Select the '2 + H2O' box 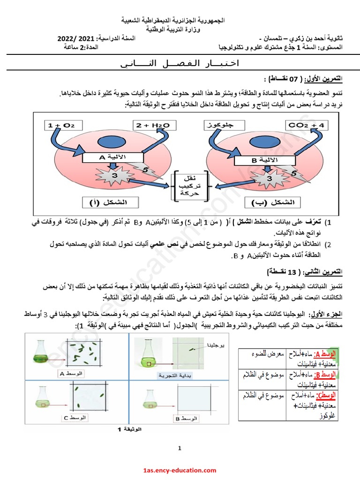[155, 125]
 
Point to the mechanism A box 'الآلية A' [108, 158]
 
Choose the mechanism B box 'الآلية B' [260, 160]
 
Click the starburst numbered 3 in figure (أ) [112, 176]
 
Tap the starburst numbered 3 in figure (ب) [268, 178]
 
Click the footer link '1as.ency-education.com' [180, 470]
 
